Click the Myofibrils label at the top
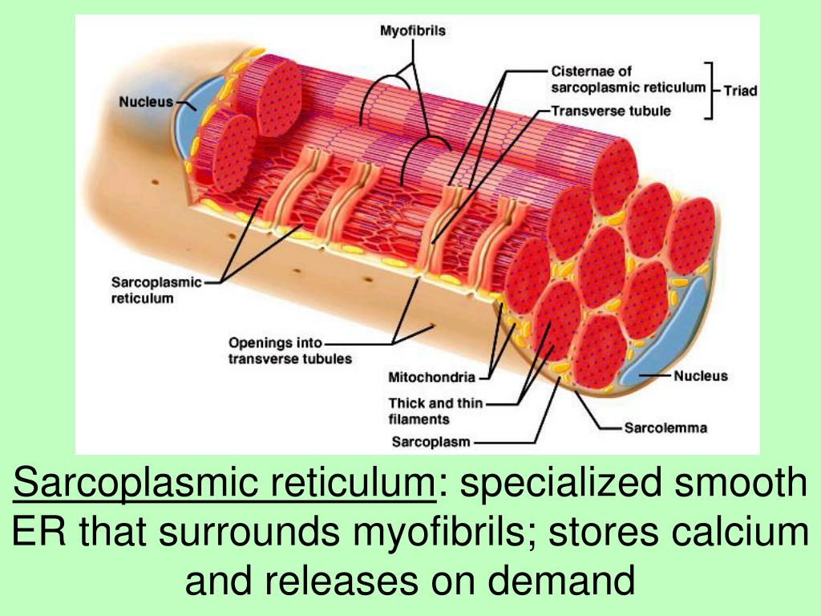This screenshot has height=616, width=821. tap(412, 32)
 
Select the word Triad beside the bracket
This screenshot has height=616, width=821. tap(740, 91)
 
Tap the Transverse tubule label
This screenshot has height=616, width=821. tap(610, 111)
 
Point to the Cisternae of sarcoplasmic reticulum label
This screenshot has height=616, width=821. tap(628, 79)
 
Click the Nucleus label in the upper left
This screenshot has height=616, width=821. tap(146, 102)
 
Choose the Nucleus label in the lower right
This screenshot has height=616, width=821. tap(700, 375)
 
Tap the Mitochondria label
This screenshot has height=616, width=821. tap(431, 376)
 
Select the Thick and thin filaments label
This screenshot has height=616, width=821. tap(435, 411)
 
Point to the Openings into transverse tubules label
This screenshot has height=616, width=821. tap(289, 351)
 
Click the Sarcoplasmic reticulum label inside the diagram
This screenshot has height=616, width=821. tap(143, 290)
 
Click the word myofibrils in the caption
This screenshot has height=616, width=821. tap(431, 532)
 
